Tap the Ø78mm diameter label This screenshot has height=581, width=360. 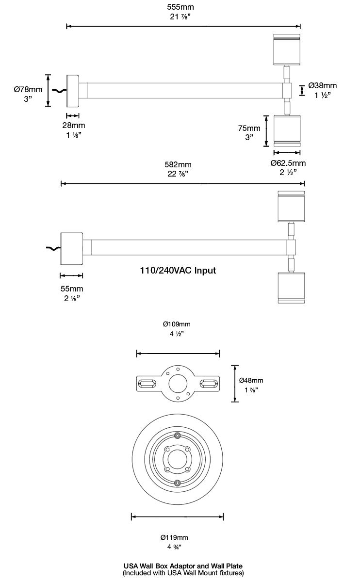click(x=28, y=89)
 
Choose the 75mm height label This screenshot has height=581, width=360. click(x=249, y=128)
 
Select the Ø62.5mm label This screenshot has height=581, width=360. click(x=288, y=163)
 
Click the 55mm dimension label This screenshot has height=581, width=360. click(x=71, y=289)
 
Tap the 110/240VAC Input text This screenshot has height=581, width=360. click(x=178, y=271)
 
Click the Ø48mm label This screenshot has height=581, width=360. click(x=251, y=380)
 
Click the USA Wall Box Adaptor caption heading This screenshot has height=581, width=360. click(x=183, y=565)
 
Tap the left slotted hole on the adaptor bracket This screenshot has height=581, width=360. click(x=147, y=384)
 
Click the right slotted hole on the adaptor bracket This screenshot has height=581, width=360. click(x=209, y=384)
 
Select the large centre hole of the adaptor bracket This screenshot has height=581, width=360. click(x=178, y=384)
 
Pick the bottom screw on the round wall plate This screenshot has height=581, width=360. click(x=178, y=483)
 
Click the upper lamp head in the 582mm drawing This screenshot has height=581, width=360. click(x=291, y=206)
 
